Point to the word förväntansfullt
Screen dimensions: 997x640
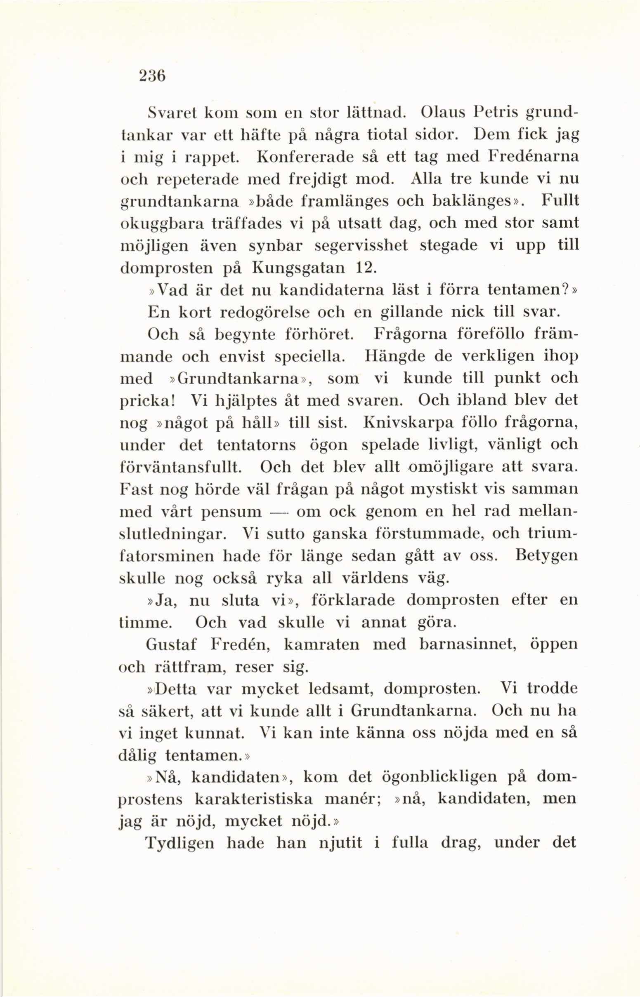[x=181, y=467]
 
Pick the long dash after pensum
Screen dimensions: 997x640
[x=279, y=512]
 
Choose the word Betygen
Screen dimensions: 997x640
[x=546, y=556]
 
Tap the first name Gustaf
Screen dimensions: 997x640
[x=173, y=644]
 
